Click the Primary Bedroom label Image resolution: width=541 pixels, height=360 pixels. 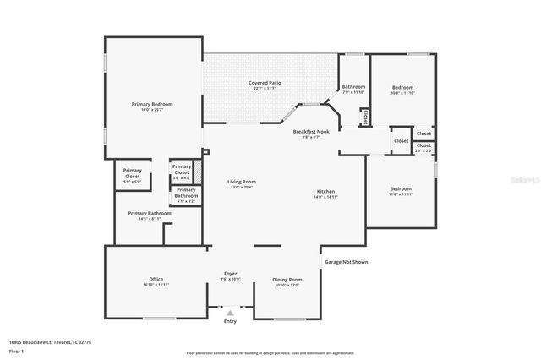coord(152,104)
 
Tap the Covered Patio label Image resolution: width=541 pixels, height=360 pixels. coord(265,83)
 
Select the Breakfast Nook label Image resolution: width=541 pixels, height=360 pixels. coord(306,133)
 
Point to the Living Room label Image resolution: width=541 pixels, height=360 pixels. coord(242,182)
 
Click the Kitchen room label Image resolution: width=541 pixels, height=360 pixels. coord(326,191)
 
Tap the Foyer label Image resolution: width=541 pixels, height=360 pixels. coord(230,274)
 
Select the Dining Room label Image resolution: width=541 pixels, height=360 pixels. coord(287,279)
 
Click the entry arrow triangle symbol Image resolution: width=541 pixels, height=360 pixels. coord(230,313)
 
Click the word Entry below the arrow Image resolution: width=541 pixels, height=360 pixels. coord(230,321)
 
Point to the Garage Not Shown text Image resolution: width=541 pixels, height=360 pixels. coord(347,262)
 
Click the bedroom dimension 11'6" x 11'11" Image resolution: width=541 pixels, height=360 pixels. coord(401,194)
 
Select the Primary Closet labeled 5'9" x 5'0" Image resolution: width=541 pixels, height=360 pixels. coord(133,173)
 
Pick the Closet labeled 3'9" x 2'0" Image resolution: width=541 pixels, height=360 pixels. coord(424,148)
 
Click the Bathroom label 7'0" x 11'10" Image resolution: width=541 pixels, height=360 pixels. coord(353,89)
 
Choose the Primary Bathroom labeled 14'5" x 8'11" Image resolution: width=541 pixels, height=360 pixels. coord(150,215)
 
